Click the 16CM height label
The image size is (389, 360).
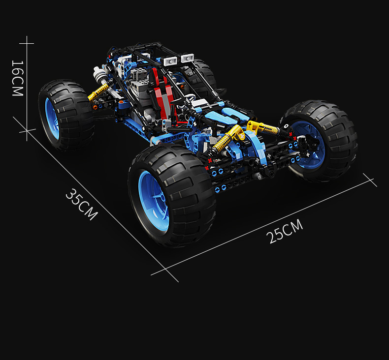(x=18, y=78)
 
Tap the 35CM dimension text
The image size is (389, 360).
(x=82, y=205)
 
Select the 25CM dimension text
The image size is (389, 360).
(x=285, y=231)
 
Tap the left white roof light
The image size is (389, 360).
(x=170, y=61)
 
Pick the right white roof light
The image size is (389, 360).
(x=188, y=58)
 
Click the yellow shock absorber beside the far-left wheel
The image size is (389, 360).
(x=98, y=92)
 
